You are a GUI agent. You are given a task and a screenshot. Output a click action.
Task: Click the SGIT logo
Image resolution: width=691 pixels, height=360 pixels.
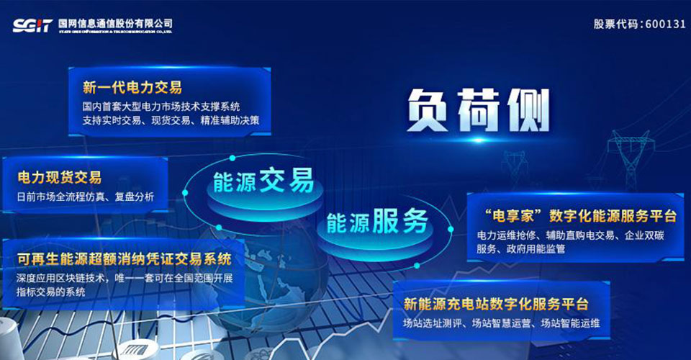32,25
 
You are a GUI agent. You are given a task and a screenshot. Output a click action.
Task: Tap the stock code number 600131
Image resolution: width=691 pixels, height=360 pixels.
665,24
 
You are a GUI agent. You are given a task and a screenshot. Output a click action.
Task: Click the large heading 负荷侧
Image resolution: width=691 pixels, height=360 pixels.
478,109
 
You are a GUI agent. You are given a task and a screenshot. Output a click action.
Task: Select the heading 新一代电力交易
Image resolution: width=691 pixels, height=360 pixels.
132,87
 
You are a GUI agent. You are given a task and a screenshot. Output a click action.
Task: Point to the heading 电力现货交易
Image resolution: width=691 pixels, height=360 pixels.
60,177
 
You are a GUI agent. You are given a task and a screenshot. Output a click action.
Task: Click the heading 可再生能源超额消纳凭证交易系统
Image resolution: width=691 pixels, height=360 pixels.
124,258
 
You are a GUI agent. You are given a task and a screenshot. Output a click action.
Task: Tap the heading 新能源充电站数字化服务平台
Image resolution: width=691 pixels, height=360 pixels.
496,304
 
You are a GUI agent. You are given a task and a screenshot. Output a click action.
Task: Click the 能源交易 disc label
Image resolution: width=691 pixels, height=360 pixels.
263,181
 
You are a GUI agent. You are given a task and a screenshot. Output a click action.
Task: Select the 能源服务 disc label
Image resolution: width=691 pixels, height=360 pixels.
376,221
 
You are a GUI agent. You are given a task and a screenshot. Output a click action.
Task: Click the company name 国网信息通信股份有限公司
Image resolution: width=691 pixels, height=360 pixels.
115,23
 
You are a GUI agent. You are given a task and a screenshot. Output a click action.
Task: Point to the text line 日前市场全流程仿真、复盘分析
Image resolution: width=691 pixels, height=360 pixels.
86,197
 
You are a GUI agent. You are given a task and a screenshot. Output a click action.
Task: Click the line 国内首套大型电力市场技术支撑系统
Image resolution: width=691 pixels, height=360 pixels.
161,106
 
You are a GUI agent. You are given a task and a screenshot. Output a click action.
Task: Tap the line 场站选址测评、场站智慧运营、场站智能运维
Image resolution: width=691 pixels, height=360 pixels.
502,323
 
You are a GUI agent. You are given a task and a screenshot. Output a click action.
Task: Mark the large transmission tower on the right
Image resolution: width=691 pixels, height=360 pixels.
628,158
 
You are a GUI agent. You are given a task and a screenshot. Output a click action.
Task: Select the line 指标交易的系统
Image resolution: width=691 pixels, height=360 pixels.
51,292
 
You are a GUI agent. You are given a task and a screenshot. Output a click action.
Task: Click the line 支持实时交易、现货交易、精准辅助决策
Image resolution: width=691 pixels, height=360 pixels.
171,120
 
